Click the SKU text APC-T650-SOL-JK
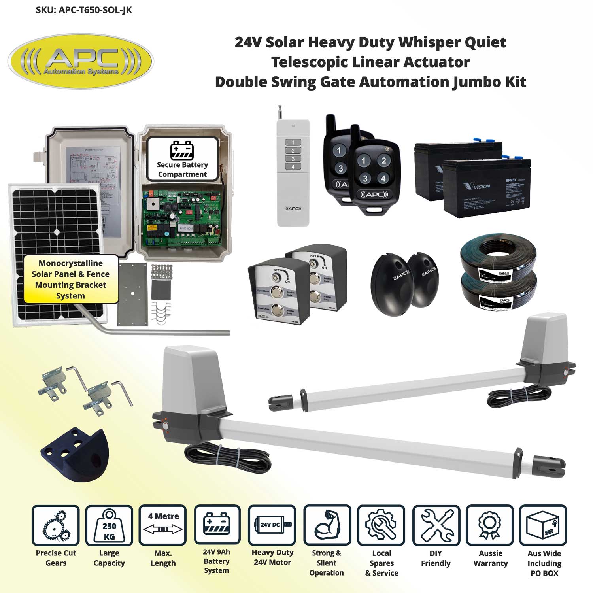[83, 10]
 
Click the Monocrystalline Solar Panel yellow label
[71, 280]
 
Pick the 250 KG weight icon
[109, 525]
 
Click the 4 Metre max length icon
[163, 525]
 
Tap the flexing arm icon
[327, 525]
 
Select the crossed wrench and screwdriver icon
[436, 525]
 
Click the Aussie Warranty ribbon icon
[490, 525]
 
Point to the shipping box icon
[543, 525]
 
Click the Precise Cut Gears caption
[56, 558]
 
